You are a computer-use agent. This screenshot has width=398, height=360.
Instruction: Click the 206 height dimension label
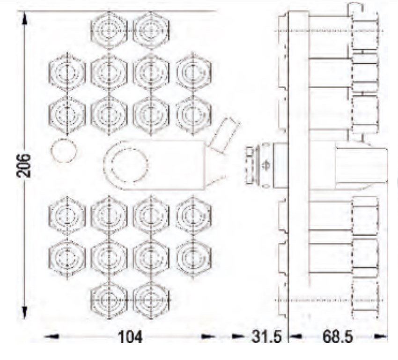coord(23,165)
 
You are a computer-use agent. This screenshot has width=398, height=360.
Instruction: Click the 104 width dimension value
coord(130,337)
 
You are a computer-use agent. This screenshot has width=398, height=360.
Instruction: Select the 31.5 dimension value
coord(267,337)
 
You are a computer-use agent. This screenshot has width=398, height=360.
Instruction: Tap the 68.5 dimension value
coord(338,337)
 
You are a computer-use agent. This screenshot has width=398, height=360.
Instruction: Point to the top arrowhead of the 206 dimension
coord(24,18)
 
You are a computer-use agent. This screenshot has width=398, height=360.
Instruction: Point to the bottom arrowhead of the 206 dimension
coord(24,313)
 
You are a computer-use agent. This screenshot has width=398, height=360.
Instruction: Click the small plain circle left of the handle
coord(64,150)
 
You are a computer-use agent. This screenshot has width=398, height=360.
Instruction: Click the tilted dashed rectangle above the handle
coord(223,135)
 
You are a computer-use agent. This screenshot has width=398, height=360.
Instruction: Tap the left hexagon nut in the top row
coord(109,30)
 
